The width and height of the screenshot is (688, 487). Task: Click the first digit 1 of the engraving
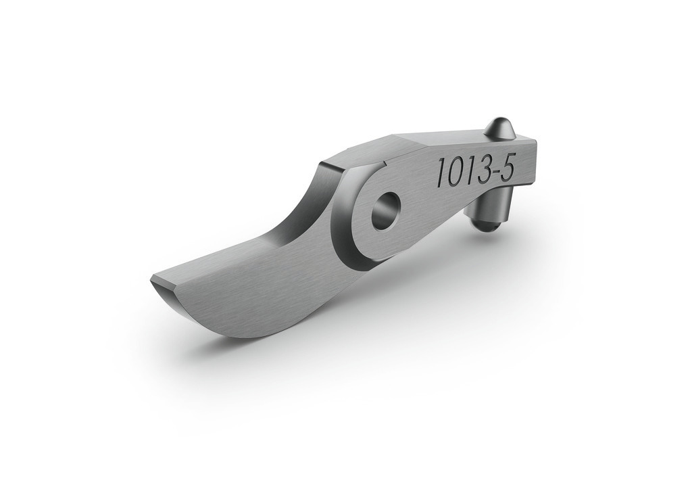pos(439,175)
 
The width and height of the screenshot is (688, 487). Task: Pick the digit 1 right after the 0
pos(468,170)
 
